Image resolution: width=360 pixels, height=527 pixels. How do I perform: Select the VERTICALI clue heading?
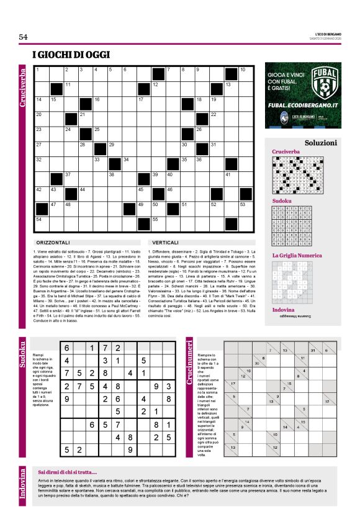164,241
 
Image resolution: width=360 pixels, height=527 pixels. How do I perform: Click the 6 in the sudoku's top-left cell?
66,348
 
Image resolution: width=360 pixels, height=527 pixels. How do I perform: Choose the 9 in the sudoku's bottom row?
130,449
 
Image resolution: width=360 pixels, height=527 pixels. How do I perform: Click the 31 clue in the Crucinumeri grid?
313,351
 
